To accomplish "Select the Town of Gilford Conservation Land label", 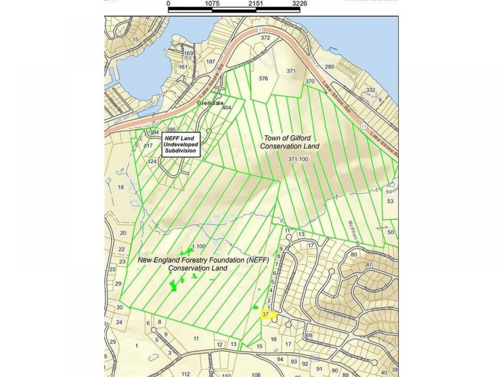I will [x=290, y=142].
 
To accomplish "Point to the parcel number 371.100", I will [x=298, y=159].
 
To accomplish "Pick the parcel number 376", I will [x=263, y=78].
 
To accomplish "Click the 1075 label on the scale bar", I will [x=213, y=3].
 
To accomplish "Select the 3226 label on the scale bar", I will [x=300, y=3].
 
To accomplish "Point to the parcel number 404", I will [x=227, y=108].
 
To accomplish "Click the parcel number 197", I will [x=211, y=62].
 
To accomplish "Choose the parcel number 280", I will [x=330, y=67].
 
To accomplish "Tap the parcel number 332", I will [x=371, y=90].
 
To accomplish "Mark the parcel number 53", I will [x=391, y=201].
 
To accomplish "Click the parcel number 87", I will [x=369, y=265].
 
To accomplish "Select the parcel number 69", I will [x=309, y=336].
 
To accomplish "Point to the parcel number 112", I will [x=186, y=374].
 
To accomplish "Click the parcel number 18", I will [x=121, y=187].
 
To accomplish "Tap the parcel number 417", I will [x=148, y=146].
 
